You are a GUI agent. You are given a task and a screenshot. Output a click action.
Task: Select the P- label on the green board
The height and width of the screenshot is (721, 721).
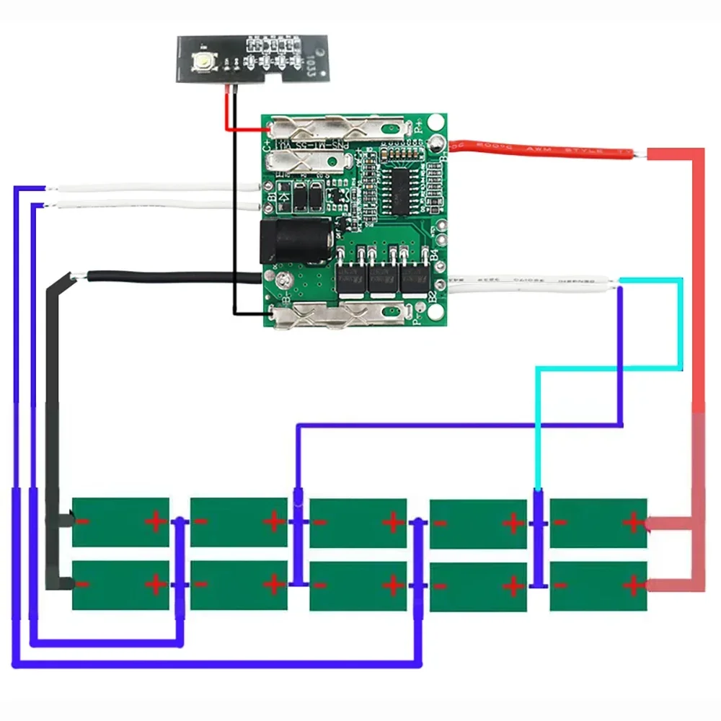[x=416, y=315]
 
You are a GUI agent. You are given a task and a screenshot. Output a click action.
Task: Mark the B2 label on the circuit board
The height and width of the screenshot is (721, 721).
[x=433, y=296]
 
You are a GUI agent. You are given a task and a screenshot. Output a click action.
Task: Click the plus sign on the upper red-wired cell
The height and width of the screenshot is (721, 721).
[x=634, y=521]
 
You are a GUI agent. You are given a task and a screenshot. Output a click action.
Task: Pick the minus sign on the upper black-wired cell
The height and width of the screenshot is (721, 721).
[x=84, y=521]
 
